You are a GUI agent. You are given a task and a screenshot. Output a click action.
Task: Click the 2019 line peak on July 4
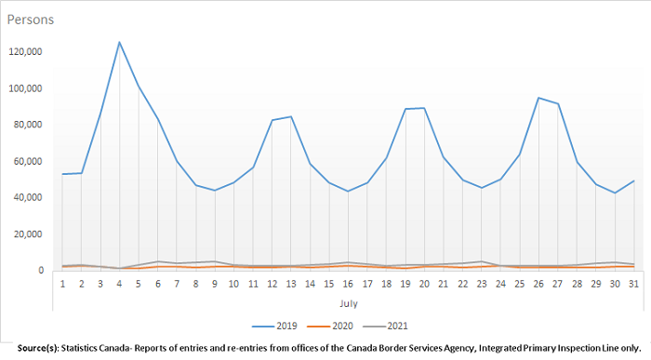pos(119,42)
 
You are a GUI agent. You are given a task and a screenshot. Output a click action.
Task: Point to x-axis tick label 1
pos(63,283)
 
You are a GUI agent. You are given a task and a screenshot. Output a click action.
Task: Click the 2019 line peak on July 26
pos(538,98)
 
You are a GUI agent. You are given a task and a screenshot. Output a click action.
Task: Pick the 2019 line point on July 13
pos(292,116)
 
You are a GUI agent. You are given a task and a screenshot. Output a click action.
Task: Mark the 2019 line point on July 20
pos(425,108)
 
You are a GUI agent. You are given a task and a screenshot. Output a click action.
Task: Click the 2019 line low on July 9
pos(214,191)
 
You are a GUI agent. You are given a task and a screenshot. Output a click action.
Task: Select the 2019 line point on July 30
pos(614,193)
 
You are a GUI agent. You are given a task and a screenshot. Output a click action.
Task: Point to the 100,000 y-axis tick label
pos(26,88)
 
